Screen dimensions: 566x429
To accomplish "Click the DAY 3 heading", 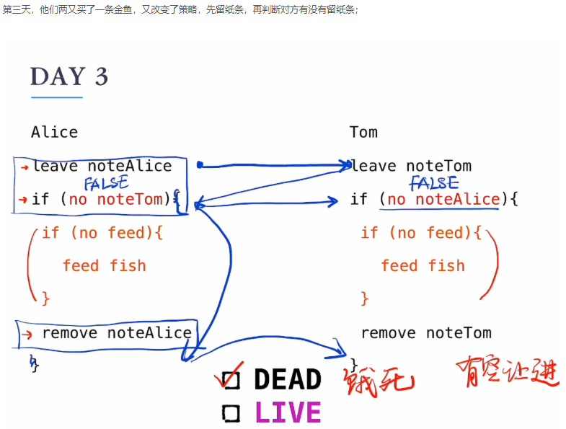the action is (69, 77).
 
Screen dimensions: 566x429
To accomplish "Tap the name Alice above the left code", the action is (54, 132).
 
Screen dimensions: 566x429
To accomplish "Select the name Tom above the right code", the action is (363, 132).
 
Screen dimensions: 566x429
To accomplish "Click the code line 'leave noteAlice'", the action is (102, 166).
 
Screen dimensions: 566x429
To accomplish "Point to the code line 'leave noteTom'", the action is (410, 166).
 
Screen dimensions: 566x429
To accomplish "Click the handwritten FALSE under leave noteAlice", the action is (106, 183).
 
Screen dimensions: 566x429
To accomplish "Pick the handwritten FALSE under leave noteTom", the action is (434, 183).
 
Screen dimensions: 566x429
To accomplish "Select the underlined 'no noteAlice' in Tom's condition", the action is (443, 199).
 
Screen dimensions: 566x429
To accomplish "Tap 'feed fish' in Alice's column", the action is (104, 265).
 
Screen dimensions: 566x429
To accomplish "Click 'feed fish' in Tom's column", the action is (423, 265).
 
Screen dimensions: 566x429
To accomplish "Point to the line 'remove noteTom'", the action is (426, 333).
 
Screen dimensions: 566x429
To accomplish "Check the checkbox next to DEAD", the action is (231, 379).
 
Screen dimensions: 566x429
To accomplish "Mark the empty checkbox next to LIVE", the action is (231, 413).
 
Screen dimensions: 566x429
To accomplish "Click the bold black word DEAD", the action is (287, 379).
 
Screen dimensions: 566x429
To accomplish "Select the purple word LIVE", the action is (287, 412).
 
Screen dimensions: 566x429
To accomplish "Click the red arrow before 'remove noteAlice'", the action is (27, 334).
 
